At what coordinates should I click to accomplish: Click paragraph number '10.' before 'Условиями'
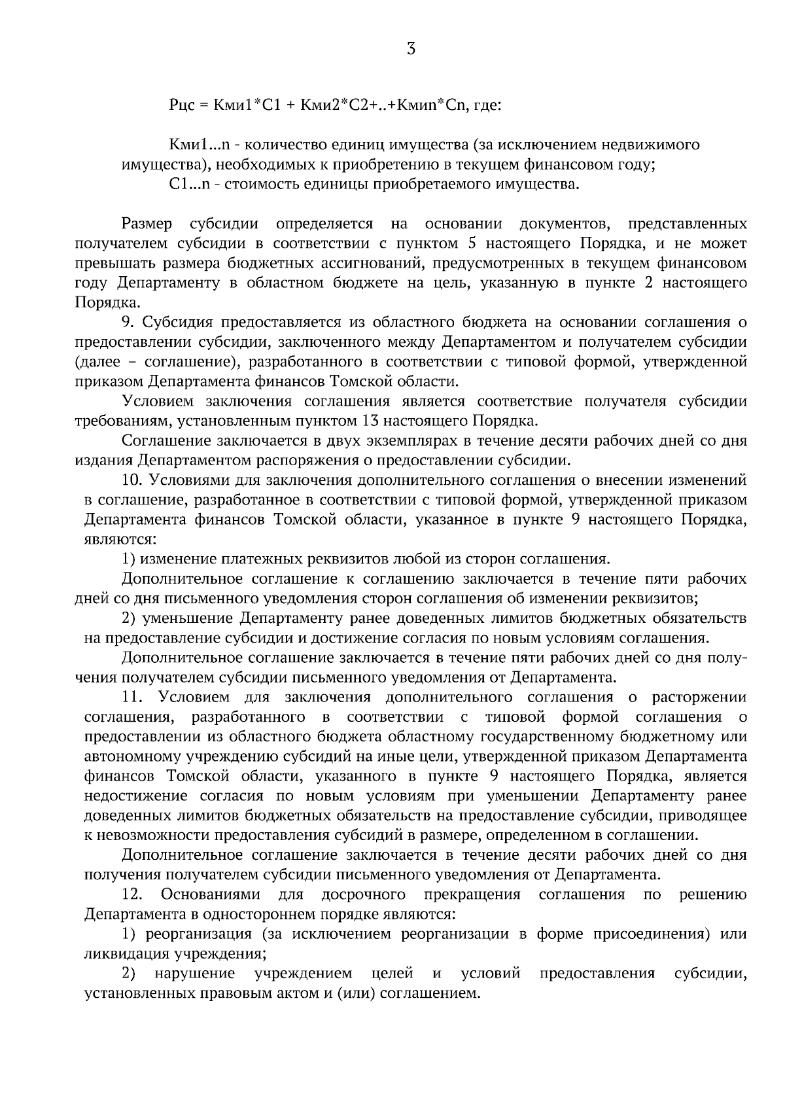(x=133, y=480)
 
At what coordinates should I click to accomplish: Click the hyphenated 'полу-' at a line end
(x=729, y=658)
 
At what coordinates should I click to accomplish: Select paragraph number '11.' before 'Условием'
(x=133, y=697)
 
